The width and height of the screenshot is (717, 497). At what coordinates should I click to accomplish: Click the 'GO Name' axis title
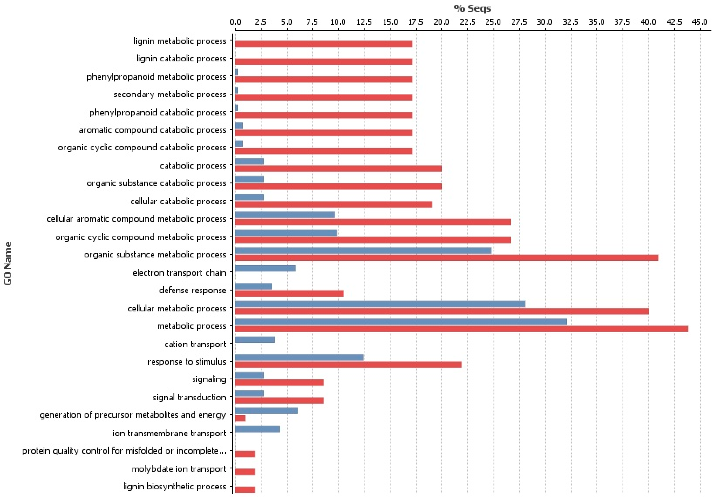click(x=8, y=263)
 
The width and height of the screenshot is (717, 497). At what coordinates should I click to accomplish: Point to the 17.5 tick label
click(x=415, y=22)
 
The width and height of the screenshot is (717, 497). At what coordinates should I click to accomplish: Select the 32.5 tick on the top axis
click(x=571, y=22)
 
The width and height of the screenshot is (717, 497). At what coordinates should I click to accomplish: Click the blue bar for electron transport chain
click(x=265, y=268)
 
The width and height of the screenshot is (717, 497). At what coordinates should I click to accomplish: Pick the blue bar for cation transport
click(x=255, y=340)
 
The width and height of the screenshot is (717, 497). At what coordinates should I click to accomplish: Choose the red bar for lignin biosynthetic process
click(x=245, y=490)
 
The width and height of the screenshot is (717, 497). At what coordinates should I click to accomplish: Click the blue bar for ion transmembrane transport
click(x=257, y=429)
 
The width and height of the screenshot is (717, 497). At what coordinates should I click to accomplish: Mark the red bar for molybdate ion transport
click(x=245, y=472)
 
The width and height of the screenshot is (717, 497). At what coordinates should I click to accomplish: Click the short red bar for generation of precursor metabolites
click(x=240, y=418)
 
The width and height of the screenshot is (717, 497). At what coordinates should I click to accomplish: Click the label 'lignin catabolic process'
click(x=181, y=59)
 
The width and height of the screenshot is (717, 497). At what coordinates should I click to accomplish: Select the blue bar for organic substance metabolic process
click(x=363, y=251)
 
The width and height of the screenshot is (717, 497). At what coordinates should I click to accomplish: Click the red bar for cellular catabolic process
click(x=333, y=204)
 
